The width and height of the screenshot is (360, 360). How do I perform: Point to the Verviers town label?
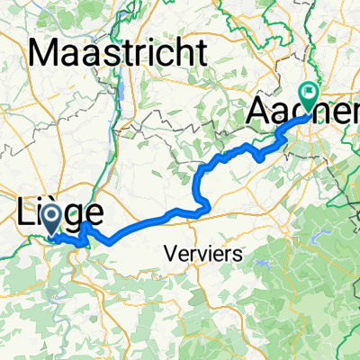(x=204, y=255)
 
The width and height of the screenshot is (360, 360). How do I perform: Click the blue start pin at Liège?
(x=51, y=215)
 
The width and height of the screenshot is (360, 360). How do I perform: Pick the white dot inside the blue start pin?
(x=51, y=215)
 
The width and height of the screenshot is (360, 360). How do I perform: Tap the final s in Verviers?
(x=238, y=256)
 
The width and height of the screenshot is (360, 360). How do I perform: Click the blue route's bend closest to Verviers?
(x=209, y=208)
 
